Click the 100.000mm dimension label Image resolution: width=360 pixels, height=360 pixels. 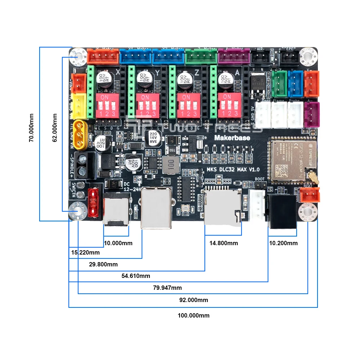click(193, 315)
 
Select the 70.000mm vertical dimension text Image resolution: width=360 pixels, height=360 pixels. click(32, 128)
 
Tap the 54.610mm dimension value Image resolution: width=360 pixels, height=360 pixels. click(135, 276)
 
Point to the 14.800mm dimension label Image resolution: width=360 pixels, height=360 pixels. click(224, 243)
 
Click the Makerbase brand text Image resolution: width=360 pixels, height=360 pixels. click(232, 138)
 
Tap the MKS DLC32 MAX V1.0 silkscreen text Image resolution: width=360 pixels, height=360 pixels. click(233, 170)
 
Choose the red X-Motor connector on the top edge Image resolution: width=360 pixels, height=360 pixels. click(103, 56)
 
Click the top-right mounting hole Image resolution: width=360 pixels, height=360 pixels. click(308, 56)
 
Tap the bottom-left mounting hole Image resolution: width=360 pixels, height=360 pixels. click(78, 211)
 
